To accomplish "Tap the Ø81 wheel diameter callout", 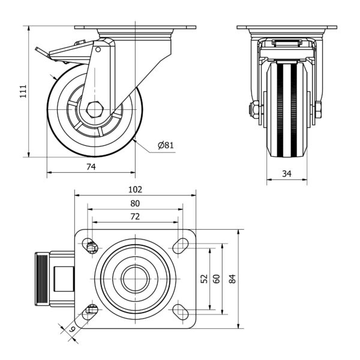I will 166,145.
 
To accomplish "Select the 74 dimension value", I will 91,167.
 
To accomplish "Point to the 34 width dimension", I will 286,174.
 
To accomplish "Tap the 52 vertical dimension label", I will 204,278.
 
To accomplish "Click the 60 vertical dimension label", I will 217,278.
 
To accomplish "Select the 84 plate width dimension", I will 233,278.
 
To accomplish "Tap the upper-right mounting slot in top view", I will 179,245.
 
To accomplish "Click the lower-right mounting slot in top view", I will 179,311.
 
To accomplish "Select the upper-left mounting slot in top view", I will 92,246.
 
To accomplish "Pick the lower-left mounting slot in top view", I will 92,311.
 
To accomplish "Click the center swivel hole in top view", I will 136,278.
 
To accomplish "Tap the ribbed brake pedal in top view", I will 40,279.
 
